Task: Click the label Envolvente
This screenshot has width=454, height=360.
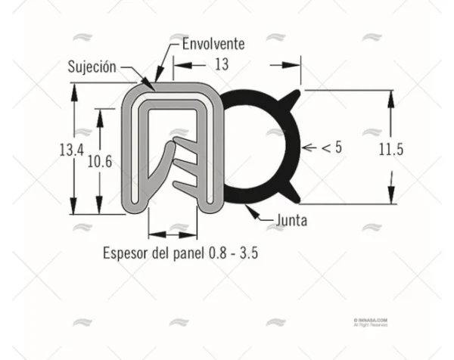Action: [213, 44]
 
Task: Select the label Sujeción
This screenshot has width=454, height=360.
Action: [92, 67]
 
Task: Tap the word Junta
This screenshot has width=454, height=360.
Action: [291, 221]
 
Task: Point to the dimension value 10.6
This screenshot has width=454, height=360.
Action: [98, 161]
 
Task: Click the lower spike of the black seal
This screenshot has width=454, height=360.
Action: [295, 197]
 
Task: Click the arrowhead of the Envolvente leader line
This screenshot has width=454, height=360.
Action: [157, 78]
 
